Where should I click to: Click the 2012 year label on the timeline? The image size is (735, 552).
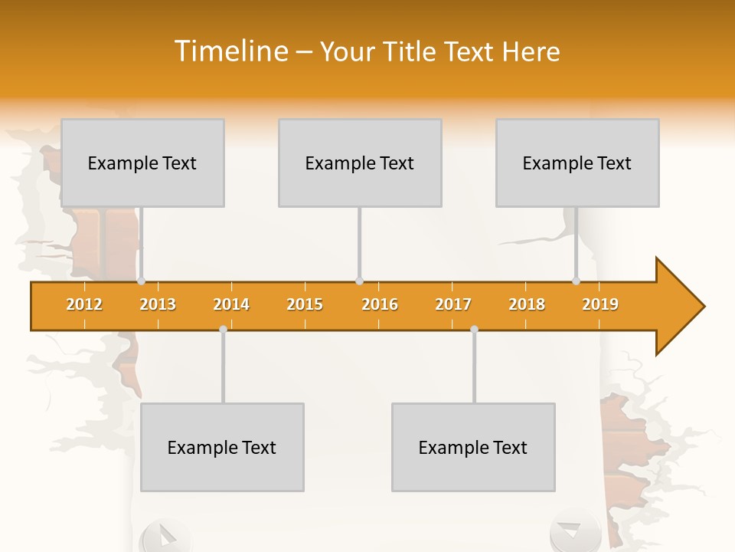(x=84, y=304)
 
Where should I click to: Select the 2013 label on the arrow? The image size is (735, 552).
(x=158, y=304)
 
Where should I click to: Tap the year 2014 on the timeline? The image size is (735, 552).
(x=231, y=304)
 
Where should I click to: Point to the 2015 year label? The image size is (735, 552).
(x=305, y=304)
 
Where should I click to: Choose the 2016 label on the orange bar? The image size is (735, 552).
(x=380, y=304)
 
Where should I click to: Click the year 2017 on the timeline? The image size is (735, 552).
(x=453, y=304)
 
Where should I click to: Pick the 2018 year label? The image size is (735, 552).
(x=527, y=304)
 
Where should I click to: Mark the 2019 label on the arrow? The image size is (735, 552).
(x=600, y=304)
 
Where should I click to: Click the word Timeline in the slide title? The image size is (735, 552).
(x=230, y=51)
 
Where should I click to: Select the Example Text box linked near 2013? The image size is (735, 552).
(x=142, y=163)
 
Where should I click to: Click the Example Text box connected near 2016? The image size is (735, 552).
(x=360, y=163)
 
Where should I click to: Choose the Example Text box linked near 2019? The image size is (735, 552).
(x=577, y=163)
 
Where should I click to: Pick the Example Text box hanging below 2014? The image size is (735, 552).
(x=222, y=447)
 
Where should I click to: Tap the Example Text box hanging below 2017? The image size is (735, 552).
(x=473, y=447)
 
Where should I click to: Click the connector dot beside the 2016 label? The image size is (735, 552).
(x=359, y=281)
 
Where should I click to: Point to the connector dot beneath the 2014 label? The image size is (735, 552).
(x=223, y=329)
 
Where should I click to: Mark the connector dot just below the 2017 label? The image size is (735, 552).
(x=474, y=329)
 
